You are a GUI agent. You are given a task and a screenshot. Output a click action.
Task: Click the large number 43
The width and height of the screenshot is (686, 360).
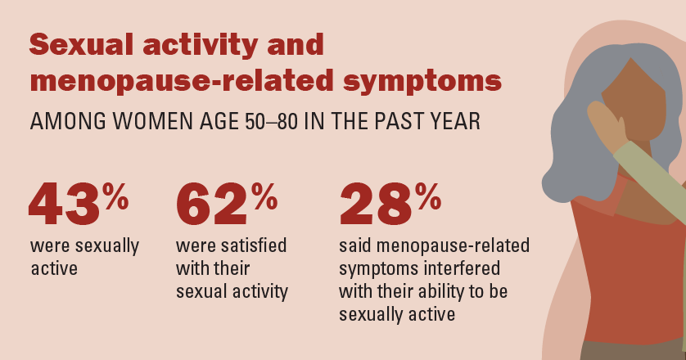65,204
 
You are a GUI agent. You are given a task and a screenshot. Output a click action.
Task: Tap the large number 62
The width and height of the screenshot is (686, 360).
212,204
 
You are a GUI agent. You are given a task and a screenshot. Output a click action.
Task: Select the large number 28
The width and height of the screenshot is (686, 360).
376,204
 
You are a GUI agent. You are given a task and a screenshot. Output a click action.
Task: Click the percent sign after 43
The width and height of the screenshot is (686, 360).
115,196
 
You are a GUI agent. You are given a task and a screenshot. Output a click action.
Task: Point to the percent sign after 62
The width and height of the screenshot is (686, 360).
264,196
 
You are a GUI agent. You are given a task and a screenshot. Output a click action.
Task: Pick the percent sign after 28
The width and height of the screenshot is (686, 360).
428,196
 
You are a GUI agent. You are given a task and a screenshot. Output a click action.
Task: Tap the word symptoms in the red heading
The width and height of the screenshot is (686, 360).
422,82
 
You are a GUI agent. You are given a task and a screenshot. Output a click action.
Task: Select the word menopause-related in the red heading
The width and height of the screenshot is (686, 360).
182,80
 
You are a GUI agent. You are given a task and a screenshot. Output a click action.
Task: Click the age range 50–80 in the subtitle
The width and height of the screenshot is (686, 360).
271,121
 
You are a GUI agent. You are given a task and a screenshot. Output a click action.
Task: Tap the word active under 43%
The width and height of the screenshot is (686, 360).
54,268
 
